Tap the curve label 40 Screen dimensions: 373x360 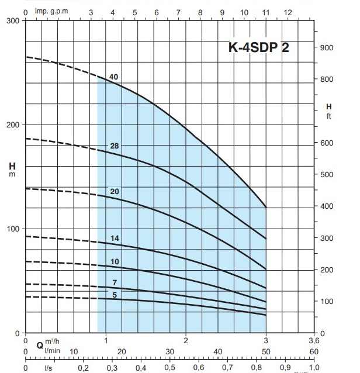(113, 77)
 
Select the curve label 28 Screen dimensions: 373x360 (115, 146)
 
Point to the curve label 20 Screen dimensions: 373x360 (115, 192)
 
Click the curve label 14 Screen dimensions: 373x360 (115, 238)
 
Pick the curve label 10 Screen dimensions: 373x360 (115, 261)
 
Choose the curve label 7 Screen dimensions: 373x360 (115, 283)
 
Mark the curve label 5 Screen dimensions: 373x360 (115, 295)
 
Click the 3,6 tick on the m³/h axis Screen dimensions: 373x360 (314, 340)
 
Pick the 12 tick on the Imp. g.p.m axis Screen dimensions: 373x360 (288, 12)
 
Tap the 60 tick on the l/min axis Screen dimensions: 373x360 (314, 351)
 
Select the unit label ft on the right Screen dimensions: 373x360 (329, 116)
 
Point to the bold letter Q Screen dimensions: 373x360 (39, 345)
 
